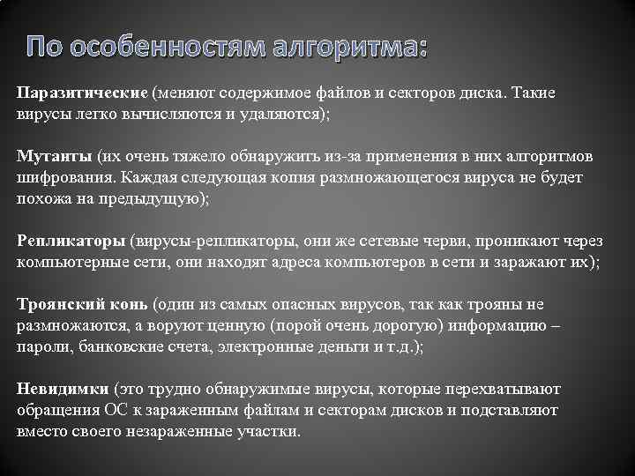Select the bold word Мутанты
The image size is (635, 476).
(x=53, y=157)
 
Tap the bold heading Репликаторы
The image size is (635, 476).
(x=71, y=240)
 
